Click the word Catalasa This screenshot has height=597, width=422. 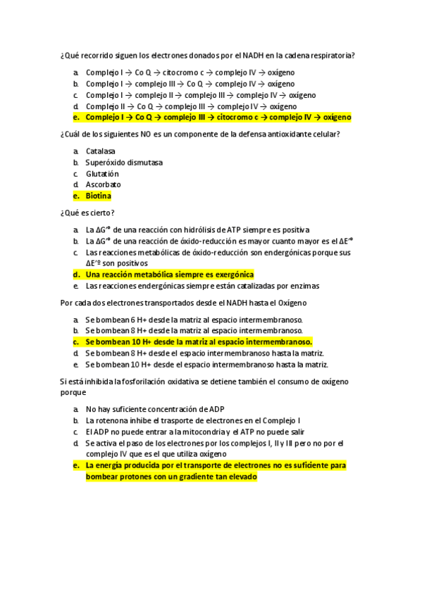[101, 151]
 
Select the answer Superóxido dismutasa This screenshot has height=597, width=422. [124, 163]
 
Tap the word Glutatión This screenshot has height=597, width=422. [102, 174]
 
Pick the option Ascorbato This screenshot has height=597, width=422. [104, 185]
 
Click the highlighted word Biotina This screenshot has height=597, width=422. [99, 196]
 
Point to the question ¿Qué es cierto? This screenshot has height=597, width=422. [88, 213]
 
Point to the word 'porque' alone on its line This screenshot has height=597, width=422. [73, 392]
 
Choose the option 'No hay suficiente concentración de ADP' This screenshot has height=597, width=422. [155, 409]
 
